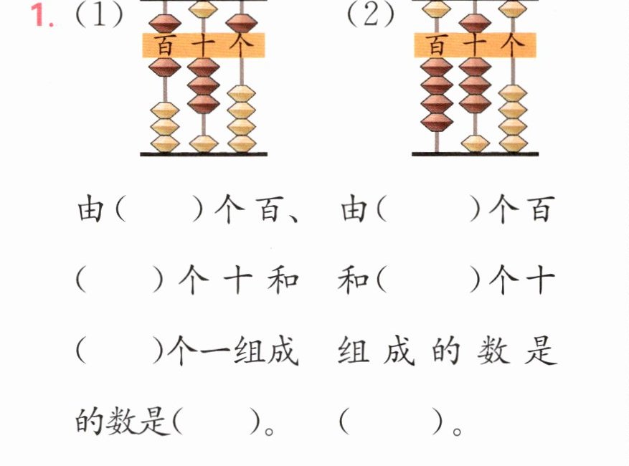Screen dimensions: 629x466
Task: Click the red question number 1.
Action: [x=42, y=16]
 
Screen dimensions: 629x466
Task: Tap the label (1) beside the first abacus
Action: [x=99, y=16]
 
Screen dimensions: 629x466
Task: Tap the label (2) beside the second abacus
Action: [x=371, y=16]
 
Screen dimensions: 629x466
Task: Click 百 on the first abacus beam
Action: [x=165, y=45]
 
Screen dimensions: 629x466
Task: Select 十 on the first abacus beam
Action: [x=204, y=45]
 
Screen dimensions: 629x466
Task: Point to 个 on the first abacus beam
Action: [x=241, y=45]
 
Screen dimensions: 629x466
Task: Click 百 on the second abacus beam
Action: [x=437, y=45]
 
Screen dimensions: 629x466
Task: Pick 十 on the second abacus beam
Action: [x=475, y=45]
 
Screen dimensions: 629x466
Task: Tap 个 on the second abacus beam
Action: [x=512, y=45]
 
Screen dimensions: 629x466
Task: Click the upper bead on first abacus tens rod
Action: [x=203, y=9]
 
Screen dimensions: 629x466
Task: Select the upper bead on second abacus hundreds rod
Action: [x=437, y=9]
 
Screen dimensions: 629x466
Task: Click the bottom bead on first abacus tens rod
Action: [x=204, y=143]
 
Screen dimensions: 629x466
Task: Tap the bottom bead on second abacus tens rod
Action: [x=476, y=143]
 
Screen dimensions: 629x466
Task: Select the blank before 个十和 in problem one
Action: [x=120, y=280]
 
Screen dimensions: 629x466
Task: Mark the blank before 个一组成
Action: [x=120, y=351]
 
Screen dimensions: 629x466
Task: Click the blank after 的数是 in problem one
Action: [x=217, y=421]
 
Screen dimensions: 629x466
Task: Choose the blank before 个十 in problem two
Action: [x=428, y=280]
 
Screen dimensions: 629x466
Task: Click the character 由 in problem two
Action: [x=354, y=209]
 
